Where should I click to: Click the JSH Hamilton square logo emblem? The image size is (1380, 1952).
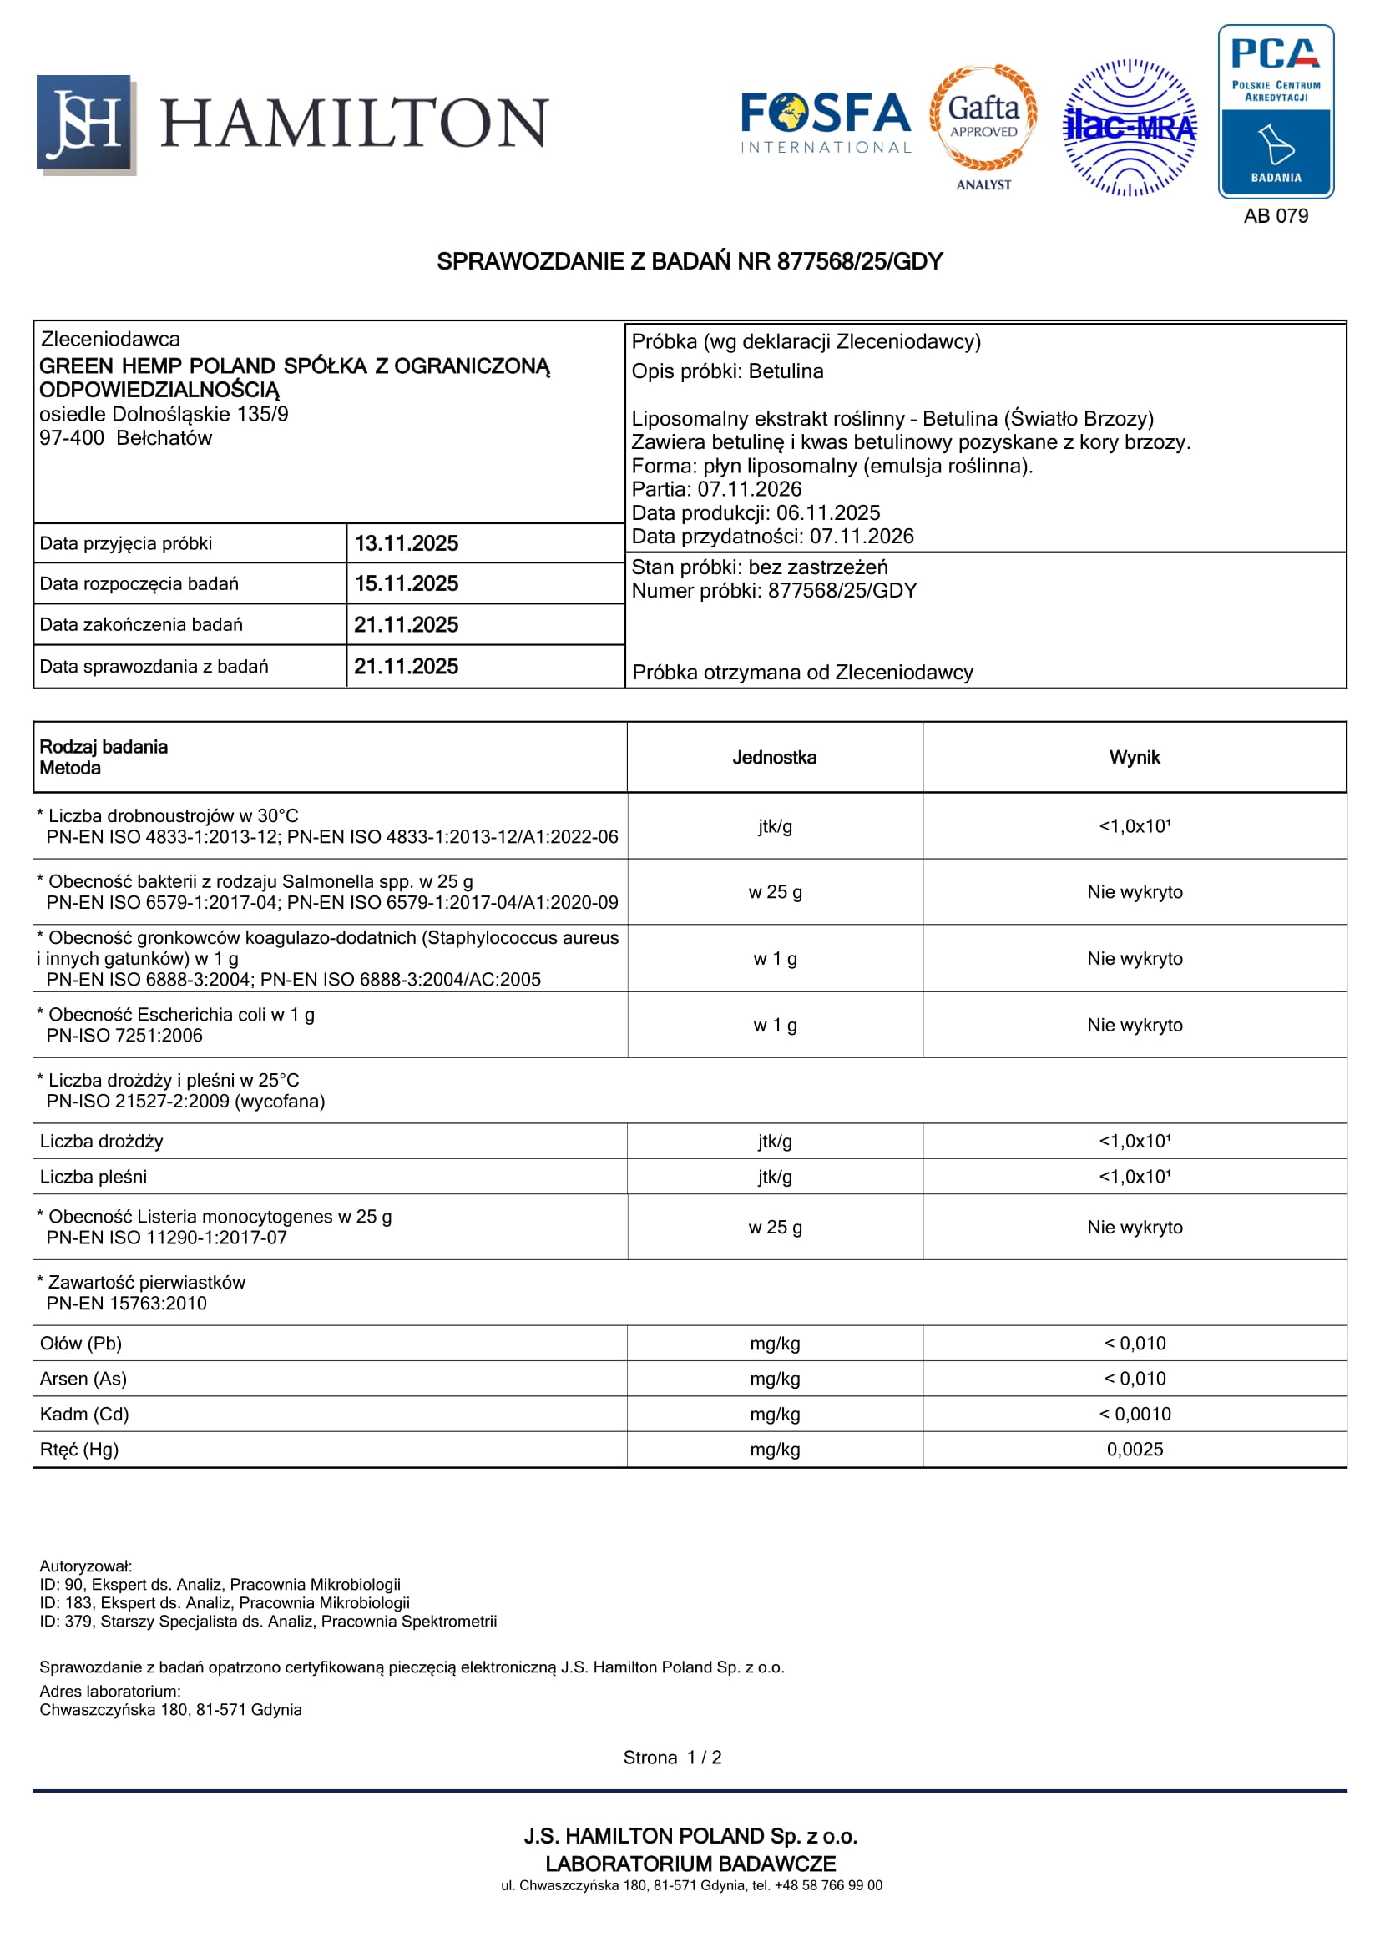tap(85, 124)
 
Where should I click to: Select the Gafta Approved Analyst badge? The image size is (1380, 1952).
tap(983, 126)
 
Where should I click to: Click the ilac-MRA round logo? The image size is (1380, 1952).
tap(1130, 128)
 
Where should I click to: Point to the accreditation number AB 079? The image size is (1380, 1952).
tap(1276, 216)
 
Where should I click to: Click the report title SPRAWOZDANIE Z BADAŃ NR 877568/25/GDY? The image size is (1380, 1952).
tap(690, 262)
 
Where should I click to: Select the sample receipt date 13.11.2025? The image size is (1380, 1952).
tap(407, 543)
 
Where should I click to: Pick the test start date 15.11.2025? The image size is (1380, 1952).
tap(407, 584)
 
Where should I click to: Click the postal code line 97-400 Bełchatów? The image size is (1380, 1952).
tap(126, 438)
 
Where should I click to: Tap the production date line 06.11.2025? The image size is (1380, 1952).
tap(755, 512)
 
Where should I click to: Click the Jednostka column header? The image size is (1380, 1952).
tap(775, 758)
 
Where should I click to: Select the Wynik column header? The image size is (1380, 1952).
tap(1135, 758)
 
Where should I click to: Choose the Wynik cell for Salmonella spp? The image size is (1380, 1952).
tap(1135, 892)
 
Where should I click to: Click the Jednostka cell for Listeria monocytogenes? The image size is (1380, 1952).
tap(775, 1227)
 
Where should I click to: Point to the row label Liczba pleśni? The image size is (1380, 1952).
tap(94, 1177)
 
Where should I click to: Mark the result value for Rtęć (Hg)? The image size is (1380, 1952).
tap(1135, 1450)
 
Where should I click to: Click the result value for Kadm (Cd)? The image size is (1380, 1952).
tap(1135, 1414)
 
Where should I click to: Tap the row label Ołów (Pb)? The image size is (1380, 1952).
tap(81, 1344)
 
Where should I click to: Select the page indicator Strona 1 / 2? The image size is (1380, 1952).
tap(672, 1758)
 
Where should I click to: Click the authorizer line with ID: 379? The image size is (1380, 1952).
tap(268, 1622)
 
